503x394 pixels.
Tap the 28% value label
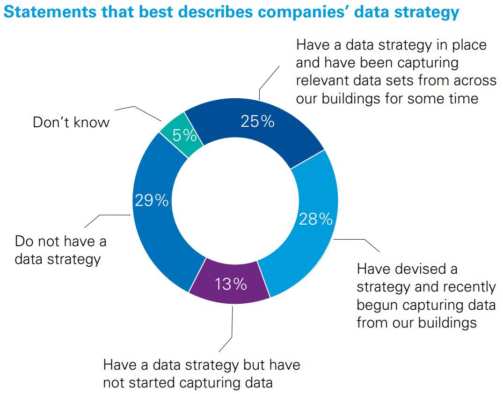tap(315, 219)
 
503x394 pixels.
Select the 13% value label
tap(230, 284)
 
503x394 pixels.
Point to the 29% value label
tap(152, 200)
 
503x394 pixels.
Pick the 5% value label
tap(184, 135)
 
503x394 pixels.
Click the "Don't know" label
tap(71, 123)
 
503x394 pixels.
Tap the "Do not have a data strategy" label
tap(60, 250)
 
